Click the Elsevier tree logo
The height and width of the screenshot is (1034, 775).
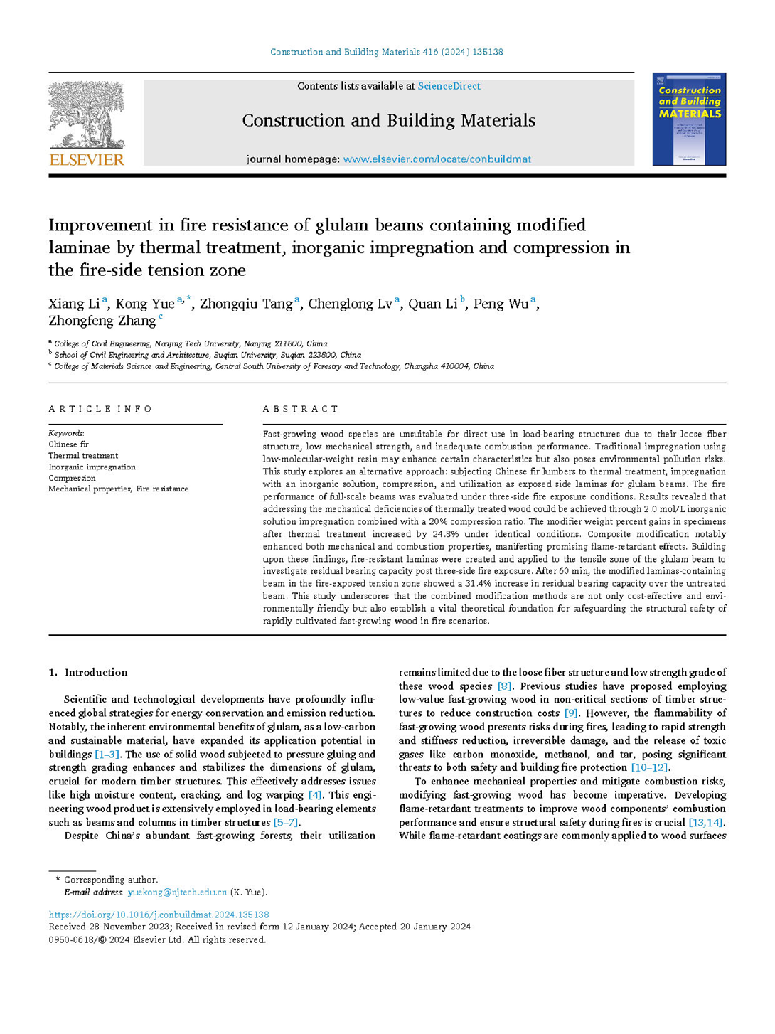87,114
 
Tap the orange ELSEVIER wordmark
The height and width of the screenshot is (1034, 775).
87,160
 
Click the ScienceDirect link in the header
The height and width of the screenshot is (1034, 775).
449,86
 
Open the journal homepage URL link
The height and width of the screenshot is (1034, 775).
437,159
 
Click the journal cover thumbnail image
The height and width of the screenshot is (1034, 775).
689,119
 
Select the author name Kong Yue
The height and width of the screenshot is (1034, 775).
145,304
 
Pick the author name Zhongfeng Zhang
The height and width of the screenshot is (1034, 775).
102,321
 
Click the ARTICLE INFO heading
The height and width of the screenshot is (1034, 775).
100,409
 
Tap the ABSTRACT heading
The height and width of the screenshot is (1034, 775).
301,409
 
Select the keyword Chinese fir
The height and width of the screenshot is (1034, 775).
68,444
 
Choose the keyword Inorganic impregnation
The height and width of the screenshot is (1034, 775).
92,467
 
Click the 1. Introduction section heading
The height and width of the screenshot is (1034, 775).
88,672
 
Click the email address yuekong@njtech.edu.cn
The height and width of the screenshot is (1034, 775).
177,892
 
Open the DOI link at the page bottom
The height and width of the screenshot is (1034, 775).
159,915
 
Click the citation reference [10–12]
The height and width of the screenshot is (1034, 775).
649,767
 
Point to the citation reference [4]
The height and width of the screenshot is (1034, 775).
314,795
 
